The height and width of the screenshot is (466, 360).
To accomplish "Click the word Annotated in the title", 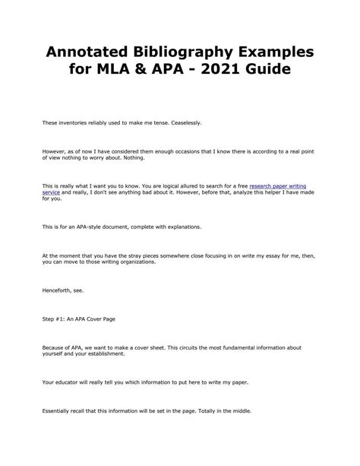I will tap(86, 55).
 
